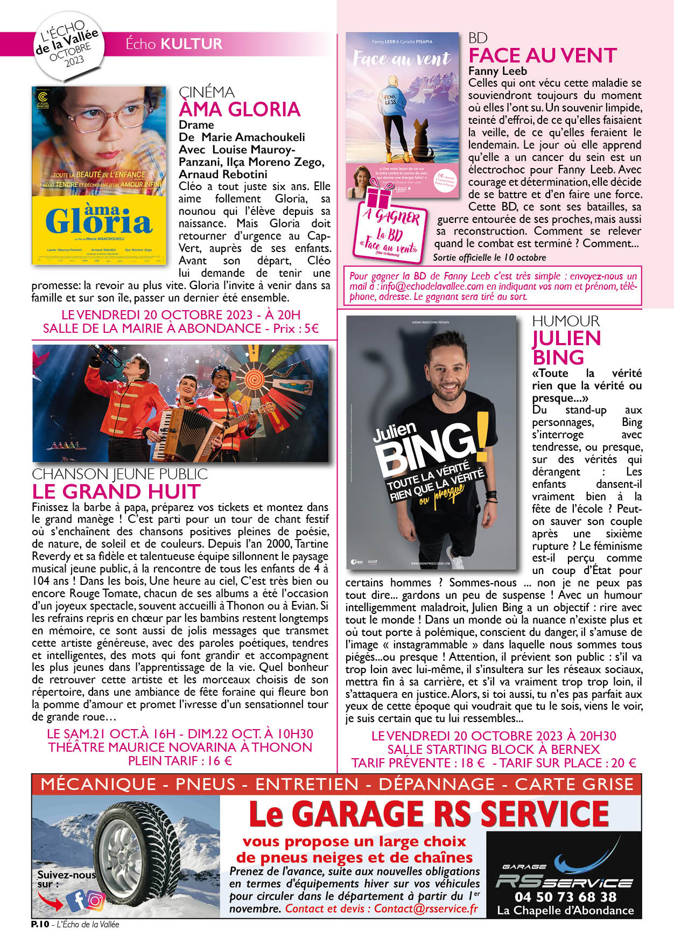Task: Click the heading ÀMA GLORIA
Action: (x=240, y=109)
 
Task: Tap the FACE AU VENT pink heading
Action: (x=542, y=55)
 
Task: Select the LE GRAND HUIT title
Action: (x=116, y=491)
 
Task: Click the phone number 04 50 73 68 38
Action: (x=565, y=897)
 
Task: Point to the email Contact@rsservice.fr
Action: (x=426, y=908)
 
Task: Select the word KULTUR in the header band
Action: (x=191, y=44)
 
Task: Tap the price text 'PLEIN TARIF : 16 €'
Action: (x=180, y=760)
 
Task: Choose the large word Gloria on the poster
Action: (x=99, y=221)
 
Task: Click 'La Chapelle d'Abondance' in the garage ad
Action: (x=565, y=910)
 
